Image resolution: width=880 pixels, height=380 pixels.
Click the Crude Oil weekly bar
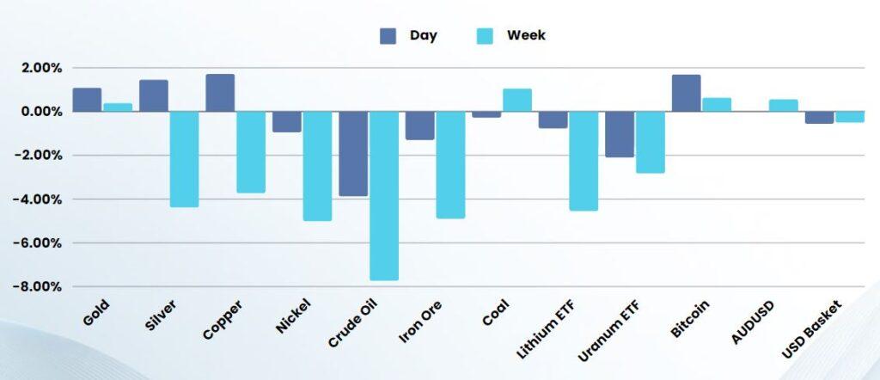pos(383,195)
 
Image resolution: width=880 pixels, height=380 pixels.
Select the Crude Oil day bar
pos(352,154)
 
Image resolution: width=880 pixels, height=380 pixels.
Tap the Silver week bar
pos(184,159)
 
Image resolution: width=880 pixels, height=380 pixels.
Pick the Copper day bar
pos(220,93)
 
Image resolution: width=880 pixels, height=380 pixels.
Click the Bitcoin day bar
pos(686,93)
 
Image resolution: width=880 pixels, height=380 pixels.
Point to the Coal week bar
pos(516,100)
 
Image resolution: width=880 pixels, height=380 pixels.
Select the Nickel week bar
pos(317,166)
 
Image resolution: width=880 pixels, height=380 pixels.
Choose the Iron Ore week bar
pos(450,164)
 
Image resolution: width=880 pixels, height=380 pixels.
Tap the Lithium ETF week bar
pos(584,161)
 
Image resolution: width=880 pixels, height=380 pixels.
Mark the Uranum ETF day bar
pos(619,134)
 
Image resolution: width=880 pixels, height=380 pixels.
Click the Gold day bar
pos(87,100)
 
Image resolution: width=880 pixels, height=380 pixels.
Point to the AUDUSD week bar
pos(783,106)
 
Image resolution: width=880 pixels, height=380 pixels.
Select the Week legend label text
pos(526,35)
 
